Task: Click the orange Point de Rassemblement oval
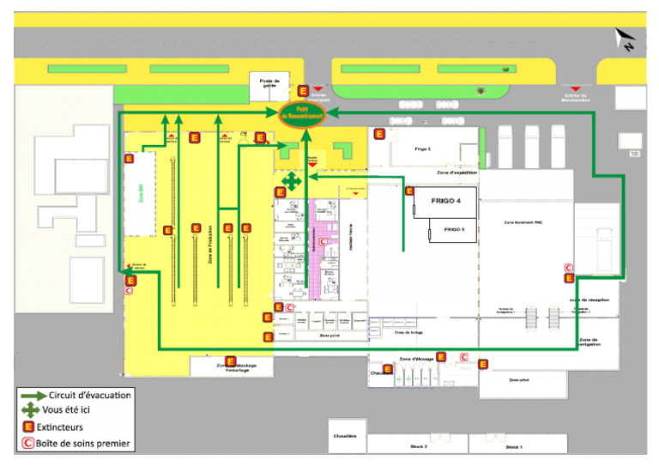point(302,113)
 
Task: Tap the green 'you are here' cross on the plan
point(293,181)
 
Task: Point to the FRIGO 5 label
point(453,230)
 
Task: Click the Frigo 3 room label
point(422,148)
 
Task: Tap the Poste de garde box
point(269,84)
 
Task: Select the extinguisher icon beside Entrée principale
point(303,90)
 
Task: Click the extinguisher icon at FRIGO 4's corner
point(409,191)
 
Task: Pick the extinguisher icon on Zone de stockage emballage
point(230,361)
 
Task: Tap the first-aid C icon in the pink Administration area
point(323,243)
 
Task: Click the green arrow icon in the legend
point(33,396)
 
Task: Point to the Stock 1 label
point(513,447)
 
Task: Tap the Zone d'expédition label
point(457,172)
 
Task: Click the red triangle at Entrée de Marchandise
point(577,88)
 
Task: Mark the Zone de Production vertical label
point(210,245)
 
